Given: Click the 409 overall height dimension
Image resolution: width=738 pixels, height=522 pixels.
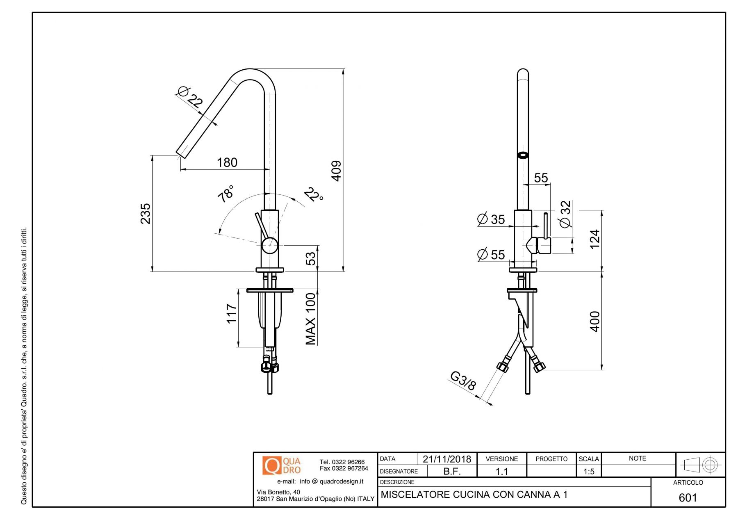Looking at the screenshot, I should coord(336,171).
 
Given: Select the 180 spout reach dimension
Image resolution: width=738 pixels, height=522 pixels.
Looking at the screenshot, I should coord(227,162).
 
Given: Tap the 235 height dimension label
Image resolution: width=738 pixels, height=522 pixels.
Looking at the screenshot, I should coord(146,213).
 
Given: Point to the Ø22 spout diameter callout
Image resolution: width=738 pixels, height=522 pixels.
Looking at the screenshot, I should coord(190,97).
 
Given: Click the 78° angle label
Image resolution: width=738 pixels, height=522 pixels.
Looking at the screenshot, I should coord(226,193).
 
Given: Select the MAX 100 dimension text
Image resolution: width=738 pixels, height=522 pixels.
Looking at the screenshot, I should coord(311,319).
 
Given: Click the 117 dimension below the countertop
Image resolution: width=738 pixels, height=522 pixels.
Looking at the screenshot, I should coord(232,314).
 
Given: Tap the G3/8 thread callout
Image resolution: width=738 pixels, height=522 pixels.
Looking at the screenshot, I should coord(463,381).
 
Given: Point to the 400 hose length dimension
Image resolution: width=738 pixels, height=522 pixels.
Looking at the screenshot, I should coord(594,321).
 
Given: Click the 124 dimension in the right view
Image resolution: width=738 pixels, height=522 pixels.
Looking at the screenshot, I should coord(594,239).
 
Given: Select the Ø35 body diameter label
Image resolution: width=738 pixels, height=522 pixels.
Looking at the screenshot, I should coord(491,219).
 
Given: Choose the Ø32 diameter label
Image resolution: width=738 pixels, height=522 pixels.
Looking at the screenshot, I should coord(565,214).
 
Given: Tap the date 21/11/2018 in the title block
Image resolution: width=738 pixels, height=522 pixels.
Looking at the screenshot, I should coord(446,459).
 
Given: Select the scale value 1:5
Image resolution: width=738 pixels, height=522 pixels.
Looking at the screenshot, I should coord(589,472).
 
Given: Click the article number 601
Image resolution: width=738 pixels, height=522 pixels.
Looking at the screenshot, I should coord(688,497).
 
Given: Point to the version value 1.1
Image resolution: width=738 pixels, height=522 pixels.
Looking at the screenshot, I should coord(501,472).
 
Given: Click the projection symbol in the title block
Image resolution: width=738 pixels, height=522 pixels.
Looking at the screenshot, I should coord(700,465).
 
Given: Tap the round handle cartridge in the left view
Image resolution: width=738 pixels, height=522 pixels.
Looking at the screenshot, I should coord(270,246).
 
